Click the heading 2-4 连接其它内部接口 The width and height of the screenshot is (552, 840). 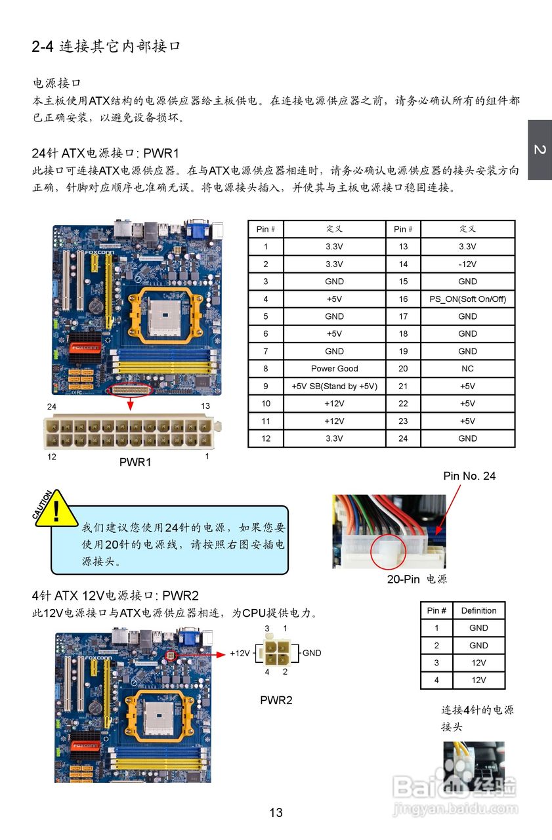[x=106, y=47]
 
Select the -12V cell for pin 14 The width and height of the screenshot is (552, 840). [x=467, y=264]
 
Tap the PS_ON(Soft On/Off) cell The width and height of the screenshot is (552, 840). [x=467, y=299]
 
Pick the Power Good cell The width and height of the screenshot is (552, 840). [x=334, y=369]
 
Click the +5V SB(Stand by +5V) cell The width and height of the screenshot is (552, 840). [x=334, y=387]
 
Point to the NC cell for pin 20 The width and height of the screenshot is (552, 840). [x=467, y=369]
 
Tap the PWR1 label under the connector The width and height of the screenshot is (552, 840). [x=135, y=462]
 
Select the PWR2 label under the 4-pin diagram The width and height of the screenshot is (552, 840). [x=276, y=700]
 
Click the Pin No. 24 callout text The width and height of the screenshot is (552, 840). [x=469, y=476]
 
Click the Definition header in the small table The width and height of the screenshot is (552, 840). [x=478, y=610]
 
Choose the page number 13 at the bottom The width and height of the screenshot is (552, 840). [x=276, y=812]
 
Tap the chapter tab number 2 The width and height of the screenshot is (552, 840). [x=539, y=150]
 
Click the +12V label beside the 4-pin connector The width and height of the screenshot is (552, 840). [x=240, y=654]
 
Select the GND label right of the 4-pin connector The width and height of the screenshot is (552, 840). [x=312, y=653]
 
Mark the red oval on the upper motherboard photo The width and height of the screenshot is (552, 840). [x=131, y=390]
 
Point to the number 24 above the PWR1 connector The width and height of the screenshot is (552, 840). [x=52, y=407]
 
